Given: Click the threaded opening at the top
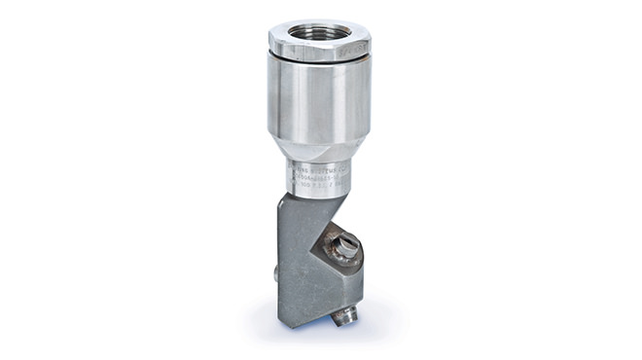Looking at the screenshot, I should pos(319,31).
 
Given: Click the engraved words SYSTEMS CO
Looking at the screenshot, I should pos(331,166).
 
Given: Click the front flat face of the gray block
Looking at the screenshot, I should pos(297,263).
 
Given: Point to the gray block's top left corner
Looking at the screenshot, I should pos(282,197).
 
